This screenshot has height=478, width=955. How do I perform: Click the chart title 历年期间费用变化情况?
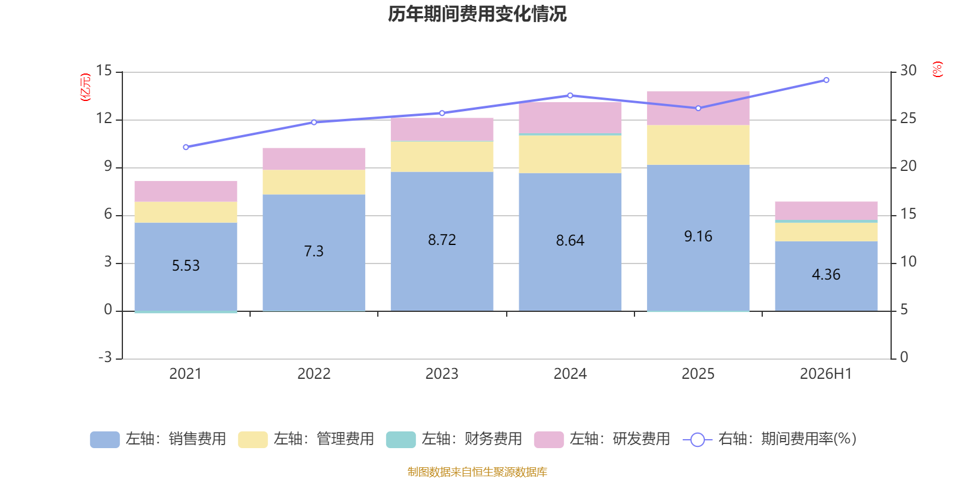pos(477,14)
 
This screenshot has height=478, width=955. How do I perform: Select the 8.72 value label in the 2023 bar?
pos(442,240)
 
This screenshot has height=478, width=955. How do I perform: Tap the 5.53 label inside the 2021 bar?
pos(186,265)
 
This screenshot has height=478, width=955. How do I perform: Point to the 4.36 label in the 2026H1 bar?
pos(826,274)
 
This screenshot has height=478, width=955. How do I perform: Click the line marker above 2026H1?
pos(826,80)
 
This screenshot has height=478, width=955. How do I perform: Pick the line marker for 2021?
pos(186,147)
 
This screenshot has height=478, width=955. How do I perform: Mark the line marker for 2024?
pos(570,96)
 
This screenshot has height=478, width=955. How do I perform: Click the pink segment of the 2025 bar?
pos(698,108)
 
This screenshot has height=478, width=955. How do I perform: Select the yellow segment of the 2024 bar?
pos(570,155)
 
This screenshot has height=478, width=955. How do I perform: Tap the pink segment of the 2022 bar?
pos(314,159)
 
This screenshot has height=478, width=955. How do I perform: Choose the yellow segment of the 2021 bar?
pos(186,212)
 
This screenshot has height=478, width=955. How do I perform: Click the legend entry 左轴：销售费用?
pos(158,439)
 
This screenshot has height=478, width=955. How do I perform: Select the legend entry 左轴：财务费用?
pos(454,439)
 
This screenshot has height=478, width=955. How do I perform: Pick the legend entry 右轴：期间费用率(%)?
pos(770,439)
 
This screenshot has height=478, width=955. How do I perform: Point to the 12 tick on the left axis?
pos(104,118)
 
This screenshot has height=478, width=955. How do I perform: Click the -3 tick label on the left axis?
pos(105,357)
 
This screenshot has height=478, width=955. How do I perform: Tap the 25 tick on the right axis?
pos(908,118)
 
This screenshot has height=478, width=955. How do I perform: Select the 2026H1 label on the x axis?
pos(826,374)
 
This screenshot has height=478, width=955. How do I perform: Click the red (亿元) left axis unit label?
pos(86,87)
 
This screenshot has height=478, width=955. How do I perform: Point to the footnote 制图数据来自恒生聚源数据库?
pos(477,471)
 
